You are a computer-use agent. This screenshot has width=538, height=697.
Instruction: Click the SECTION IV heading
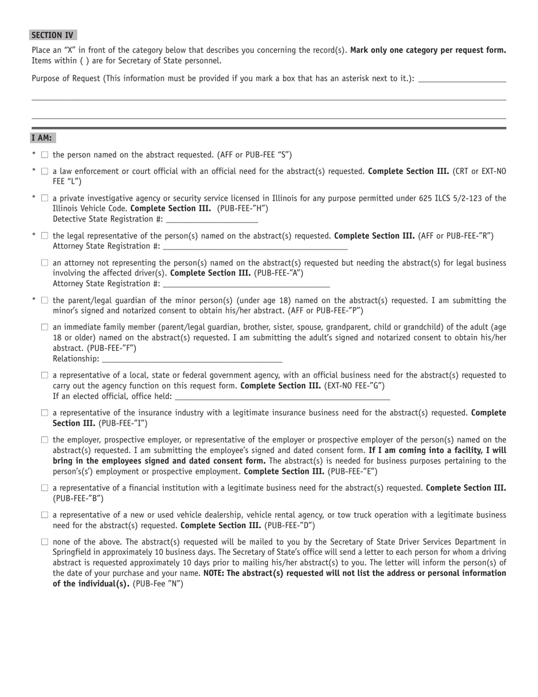[x=53, y=35]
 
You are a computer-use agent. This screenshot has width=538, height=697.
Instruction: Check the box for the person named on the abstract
[x=45, y=155]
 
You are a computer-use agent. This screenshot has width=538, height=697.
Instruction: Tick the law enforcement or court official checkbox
[x=45, y=171]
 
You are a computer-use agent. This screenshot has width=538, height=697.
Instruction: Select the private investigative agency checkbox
[x=45, y=198]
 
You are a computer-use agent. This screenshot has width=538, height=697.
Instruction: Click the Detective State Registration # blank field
[x=212, y=219]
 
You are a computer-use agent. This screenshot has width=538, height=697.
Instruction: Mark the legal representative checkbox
[x=45, y=236]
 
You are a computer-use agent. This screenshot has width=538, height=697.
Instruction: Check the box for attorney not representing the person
[x=45, y=263]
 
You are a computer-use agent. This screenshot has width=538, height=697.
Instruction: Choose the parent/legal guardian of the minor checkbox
[x=45, y=300]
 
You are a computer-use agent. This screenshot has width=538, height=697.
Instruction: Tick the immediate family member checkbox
[x=45, y=328]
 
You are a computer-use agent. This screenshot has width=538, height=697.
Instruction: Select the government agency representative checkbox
[x=45, y=375]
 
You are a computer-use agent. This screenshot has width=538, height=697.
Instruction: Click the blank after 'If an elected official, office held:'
[x=283, y=397]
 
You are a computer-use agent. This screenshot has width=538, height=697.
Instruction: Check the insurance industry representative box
[x=45, y=413]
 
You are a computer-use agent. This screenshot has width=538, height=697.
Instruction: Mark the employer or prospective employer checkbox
[x=45, y=440]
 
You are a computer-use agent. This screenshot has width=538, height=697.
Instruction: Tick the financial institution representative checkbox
[x=45, y=488]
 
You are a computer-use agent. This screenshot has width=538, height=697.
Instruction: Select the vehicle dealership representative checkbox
[x=45, y=515]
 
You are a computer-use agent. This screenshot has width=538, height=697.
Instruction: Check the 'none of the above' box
[x=45, y=542]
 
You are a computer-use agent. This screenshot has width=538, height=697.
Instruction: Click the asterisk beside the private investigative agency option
[x=34, y=198]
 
